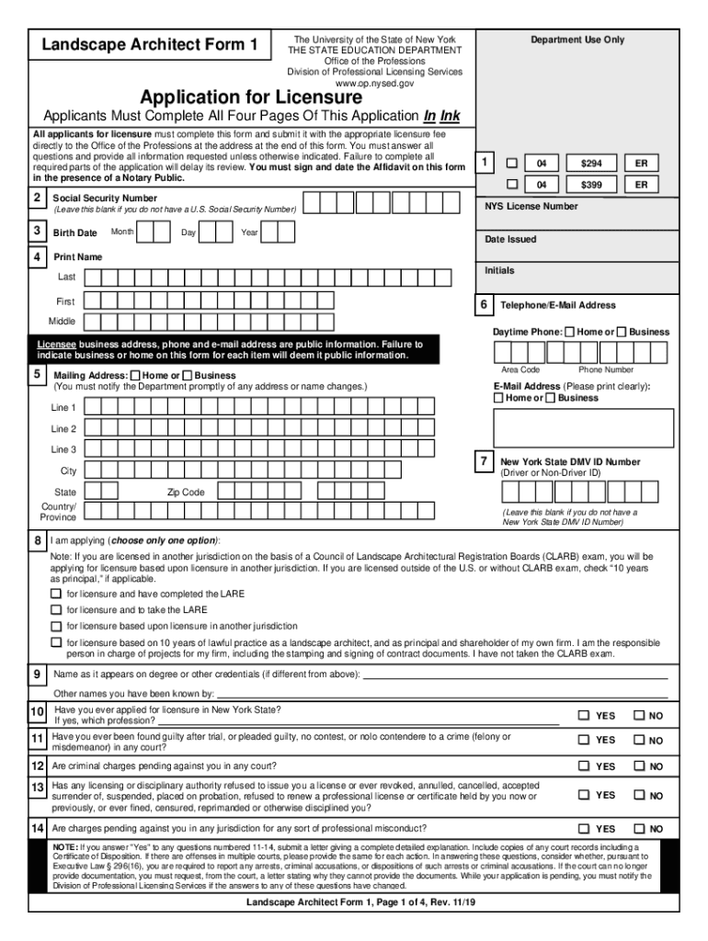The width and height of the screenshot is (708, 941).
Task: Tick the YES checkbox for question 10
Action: pos(583,716)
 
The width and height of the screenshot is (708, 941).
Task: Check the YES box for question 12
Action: pos(583,765)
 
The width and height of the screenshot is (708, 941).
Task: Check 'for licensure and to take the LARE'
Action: pos(56,609)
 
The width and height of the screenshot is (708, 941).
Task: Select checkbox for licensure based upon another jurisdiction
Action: pos(56,626)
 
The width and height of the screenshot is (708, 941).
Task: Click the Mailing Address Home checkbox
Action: pos(136,376)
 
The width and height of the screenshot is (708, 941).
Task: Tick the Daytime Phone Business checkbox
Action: pos(622,331)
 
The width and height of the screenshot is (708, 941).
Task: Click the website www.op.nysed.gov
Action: pos(374,83)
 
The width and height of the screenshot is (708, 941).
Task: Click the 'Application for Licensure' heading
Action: pos(250,97)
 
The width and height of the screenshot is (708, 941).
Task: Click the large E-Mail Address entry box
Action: pos(583,427)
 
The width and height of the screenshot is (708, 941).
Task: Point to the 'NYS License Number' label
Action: pos(531,207)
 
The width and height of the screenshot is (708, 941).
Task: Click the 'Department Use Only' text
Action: pos(577,40)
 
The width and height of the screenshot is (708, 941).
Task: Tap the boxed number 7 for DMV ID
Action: pos(483,461)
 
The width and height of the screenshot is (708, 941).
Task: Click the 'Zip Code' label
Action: pos(186,493)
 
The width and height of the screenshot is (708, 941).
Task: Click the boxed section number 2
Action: pos(37,198)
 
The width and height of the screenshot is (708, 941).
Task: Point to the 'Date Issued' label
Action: pos(510,239)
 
